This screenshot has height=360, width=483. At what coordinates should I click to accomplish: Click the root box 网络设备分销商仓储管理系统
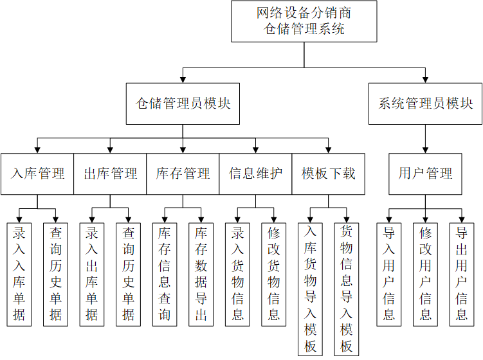tap(304, 21)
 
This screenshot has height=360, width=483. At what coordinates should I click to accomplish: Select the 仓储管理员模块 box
tap(183, 104)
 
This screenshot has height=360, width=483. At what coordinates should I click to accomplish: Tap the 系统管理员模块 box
tap(425, 104)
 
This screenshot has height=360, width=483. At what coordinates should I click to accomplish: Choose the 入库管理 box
tap(37, 174)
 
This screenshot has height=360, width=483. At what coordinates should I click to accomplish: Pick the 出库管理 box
tap(110, 174)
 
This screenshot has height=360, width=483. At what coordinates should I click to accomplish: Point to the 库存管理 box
tap(183, 174)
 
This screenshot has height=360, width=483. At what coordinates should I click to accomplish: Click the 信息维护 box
tap(255, 174)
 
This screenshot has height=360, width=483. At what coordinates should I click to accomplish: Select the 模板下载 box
tap(328, 174)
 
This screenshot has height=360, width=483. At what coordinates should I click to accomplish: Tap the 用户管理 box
tap(425, 174)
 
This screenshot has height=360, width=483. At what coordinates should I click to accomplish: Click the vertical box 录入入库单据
tap(19, 274)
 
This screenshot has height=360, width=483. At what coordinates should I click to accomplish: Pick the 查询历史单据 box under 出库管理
tap(129, 274)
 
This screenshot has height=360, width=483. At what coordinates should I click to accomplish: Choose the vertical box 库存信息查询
tap(165, 274)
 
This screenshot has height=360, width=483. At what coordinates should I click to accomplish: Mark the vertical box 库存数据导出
tap(201, 274)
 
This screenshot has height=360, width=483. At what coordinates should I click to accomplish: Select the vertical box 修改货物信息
tap(274, 274)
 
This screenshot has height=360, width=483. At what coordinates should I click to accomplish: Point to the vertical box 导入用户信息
tap(389, 274)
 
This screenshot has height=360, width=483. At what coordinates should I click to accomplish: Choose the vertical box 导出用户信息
tap(461, 274)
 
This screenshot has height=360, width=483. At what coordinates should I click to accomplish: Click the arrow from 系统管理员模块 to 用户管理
tap(425, 138)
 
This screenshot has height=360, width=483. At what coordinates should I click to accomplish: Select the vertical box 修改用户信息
tap(425, 274)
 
